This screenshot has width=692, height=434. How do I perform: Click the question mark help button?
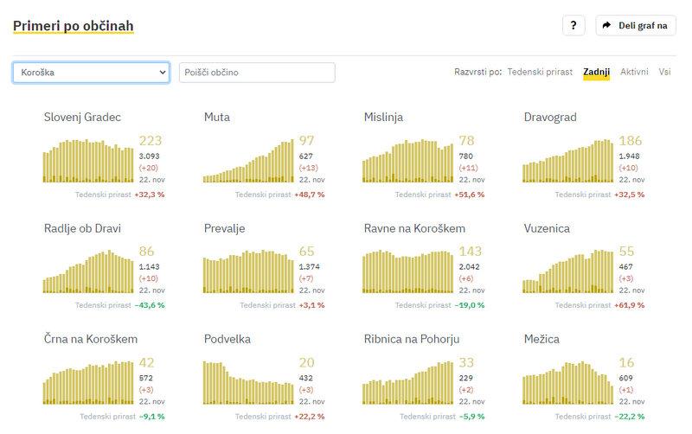click(573, 26)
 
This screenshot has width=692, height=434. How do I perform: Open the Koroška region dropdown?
click(91, 73)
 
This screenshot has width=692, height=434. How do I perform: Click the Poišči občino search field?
click(256, 73)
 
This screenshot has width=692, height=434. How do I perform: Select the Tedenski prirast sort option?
click(540, 72)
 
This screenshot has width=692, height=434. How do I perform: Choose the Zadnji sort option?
click(596, 72)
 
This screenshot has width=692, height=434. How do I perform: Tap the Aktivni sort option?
click(634, 72)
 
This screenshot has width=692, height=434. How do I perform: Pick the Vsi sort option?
click(664, 72)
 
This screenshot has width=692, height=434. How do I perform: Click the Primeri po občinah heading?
click(74, 26)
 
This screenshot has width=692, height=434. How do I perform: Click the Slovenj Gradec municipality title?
click(82, 117)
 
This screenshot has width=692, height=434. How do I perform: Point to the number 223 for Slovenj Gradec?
click(151, 141)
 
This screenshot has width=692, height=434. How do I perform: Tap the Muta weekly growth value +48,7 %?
click(310, 195)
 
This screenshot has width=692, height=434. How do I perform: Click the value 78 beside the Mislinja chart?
click(466, 141)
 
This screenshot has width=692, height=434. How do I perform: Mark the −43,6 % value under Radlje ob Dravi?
click(149, 305)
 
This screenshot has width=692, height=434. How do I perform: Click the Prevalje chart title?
click(225, 228)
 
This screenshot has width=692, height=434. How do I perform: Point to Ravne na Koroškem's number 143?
click(471, 252)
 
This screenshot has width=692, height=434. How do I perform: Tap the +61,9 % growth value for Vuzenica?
click(629, 305)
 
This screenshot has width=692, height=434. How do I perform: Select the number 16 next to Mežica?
click(626, 362)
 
